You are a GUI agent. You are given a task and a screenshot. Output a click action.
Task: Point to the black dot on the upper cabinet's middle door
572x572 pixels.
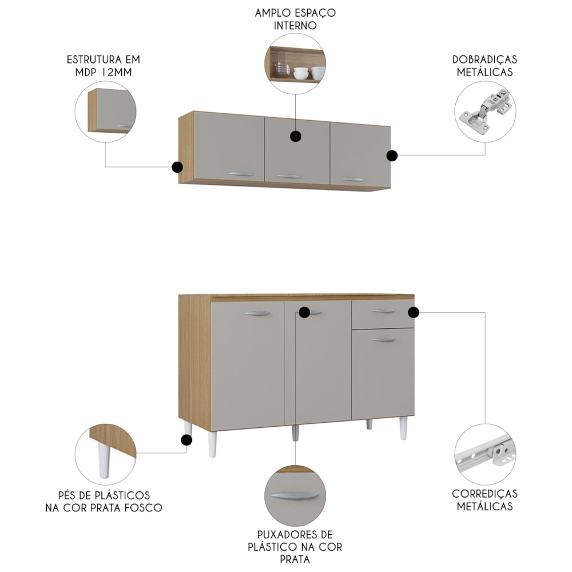[296, 137]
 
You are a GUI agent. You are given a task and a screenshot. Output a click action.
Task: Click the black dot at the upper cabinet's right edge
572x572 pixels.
[392, 156]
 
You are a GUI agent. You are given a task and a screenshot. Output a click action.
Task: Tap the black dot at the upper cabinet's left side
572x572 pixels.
[177, 167]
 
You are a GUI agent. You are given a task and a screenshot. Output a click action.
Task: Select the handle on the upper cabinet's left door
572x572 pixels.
[241, 174]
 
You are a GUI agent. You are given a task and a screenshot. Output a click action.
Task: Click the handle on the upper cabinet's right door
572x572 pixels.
[352, 180]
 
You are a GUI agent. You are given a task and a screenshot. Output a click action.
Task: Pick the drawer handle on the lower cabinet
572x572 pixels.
[384, 311]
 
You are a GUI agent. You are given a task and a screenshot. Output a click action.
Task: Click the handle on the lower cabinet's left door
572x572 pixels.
[257, 313]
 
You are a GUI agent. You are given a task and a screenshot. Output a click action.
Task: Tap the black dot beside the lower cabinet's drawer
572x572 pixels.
[414, 312]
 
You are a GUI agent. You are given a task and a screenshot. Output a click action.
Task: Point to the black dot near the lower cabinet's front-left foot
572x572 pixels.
[186, 440]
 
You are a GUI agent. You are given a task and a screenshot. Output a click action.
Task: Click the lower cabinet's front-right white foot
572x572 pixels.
[403, 428]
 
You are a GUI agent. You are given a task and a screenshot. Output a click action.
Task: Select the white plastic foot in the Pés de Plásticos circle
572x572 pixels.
[104, 460]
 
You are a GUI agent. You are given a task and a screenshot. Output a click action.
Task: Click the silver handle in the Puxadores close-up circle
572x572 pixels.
[295, 496]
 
